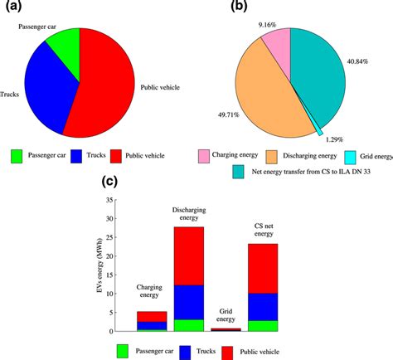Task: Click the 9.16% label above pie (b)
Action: click(x=267, y=25)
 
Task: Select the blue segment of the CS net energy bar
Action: click(x=264, y=306)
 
